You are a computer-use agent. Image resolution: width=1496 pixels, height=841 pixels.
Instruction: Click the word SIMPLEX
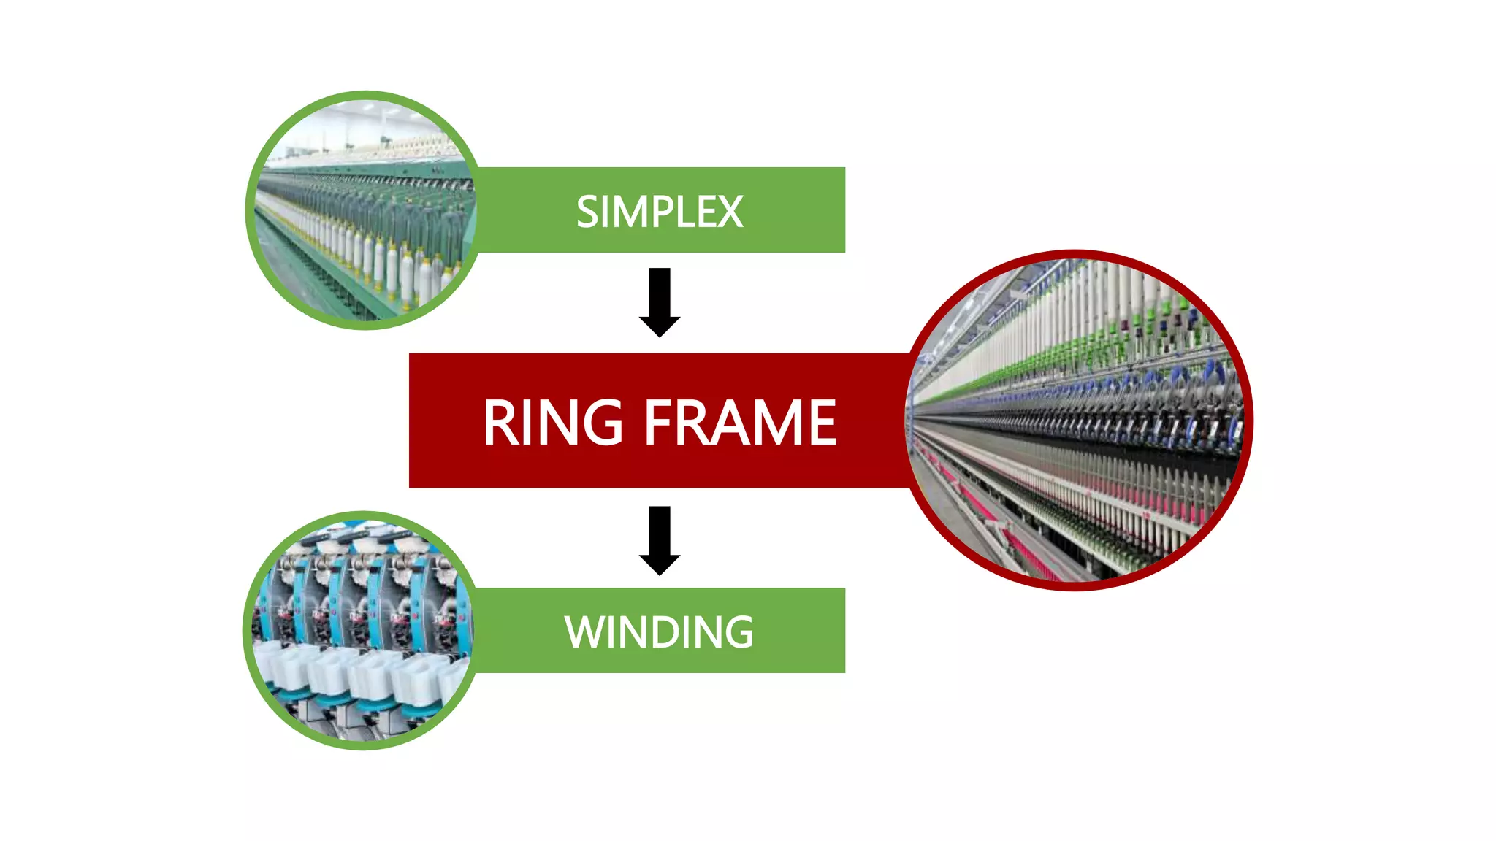[659, 212]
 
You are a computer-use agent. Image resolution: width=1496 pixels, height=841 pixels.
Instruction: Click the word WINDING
[659, 631]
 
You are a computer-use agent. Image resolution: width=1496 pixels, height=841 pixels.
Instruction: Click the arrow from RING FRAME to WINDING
[660, 539]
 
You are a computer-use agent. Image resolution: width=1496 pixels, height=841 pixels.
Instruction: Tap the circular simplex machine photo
[363, 210]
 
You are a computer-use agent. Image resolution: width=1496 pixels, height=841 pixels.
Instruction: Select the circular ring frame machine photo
[1078, 420]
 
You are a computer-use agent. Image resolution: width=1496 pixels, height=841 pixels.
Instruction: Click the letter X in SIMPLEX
[730, 212]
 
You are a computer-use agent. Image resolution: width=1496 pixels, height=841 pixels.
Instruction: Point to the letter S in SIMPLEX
[588, 212]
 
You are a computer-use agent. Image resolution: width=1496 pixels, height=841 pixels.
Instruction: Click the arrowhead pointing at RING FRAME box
[660, 326]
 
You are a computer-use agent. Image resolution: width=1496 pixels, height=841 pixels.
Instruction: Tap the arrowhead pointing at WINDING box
[660, 564]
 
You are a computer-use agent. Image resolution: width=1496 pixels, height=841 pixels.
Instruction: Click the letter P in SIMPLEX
[660, 212]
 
